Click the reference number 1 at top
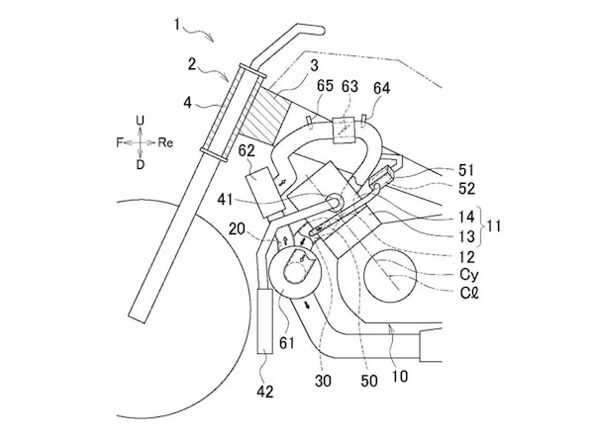(x=177, y=25)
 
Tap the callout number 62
(x=247, y=151)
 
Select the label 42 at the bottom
(x=264, y=392)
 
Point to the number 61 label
(x=287, y=342)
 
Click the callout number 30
(x=323, y=381)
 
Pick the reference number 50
(x=369, y=381)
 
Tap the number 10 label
(x=399, y=376)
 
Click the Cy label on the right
(x=469, y=274)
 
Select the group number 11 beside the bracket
(x=493, y=225)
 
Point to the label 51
(x=466, y=170)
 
